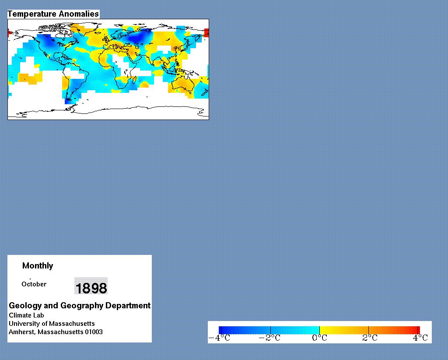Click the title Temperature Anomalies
53,14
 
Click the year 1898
91,288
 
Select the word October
34,284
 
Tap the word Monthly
38,266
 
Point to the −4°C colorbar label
219,338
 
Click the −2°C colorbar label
269,338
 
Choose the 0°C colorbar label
319,338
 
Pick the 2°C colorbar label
370,338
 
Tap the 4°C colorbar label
420,338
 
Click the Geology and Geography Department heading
80,306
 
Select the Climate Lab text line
26,315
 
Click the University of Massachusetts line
52,324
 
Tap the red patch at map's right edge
206,32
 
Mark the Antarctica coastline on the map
108,110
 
